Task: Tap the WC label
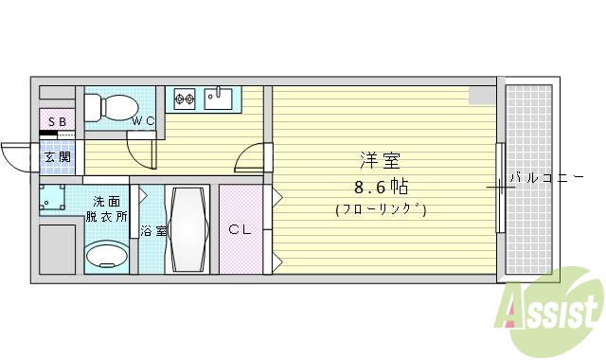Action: point(143,121)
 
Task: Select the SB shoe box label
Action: point(56,122)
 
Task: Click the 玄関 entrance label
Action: point(56,155)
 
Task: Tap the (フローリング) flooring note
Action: point(380,209)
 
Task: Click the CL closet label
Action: point(241,228)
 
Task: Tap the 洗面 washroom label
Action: point(105,201)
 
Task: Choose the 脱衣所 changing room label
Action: point(105,216)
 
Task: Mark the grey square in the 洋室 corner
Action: point(481,95)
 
